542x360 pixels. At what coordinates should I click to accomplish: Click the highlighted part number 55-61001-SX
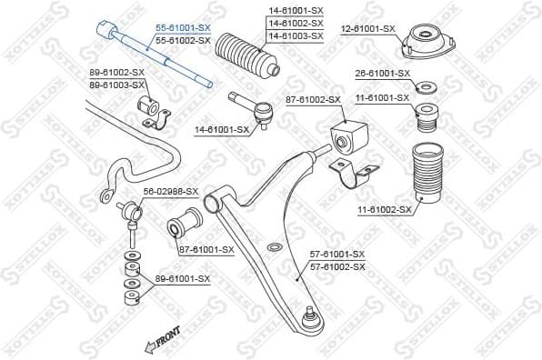182,29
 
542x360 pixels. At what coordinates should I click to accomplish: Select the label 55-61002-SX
182,41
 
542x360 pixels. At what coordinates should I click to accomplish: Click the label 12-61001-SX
368,29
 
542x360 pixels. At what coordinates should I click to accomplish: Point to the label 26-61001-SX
383,73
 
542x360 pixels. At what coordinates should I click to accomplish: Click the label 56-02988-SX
170,191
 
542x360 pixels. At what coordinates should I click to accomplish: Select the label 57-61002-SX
337,266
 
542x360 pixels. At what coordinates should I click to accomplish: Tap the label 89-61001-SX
182,279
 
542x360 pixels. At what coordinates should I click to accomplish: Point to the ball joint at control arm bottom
310,318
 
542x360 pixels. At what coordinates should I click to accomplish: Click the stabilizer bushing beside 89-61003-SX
152,111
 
